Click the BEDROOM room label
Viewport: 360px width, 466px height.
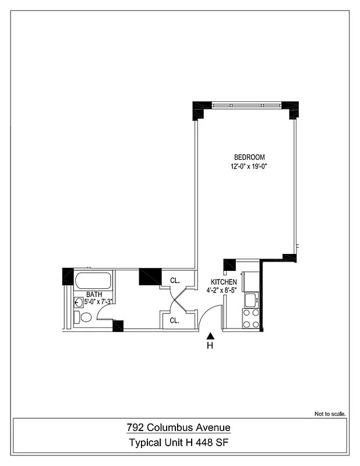tap(249, 157)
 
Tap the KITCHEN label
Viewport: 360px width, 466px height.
tap(224, 282)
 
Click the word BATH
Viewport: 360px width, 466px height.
tap(94, 295)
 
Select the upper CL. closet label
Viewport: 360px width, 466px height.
tap(174, 280)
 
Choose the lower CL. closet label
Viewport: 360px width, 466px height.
tap(174, 320)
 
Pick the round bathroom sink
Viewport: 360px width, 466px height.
tap(79, 302)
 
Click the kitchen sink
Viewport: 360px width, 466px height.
tap(251, 301)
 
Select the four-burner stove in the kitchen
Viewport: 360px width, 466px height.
tap(251, 319)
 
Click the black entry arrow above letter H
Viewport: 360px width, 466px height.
tap(210, 336)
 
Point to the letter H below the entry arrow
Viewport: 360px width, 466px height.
tap(210, 347)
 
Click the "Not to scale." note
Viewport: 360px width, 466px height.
tap(330, 414)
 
